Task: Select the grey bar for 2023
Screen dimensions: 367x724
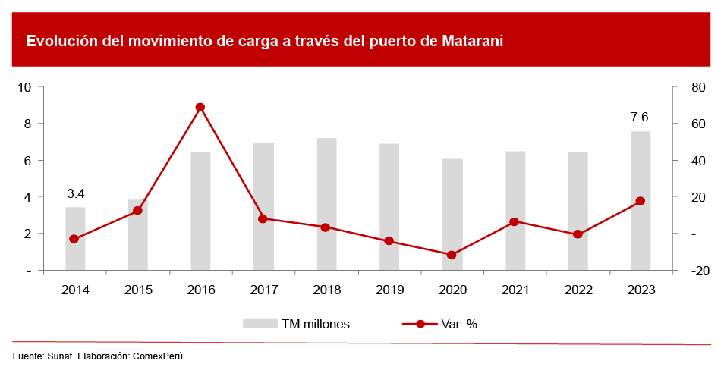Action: (640, 200)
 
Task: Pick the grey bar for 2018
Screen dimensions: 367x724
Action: (326, 204)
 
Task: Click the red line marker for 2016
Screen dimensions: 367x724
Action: (200, 108)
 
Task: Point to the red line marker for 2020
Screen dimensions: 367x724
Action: (452, 255)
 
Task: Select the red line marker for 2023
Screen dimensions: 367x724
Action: (640, 201)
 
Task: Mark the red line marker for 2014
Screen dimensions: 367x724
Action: (74, 239)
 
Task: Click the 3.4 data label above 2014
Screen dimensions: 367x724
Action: (75, 193)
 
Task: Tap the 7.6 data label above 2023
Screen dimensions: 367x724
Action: (640, 118)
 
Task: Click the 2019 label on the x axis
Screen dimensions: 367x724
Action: (389, 290)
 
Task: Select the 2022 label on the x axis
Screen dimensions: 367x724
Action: (578, 290)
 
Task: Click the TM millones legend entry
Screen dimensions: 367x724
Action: (315, 324)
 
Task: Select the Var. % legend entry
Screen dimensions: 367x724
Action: (458, 324)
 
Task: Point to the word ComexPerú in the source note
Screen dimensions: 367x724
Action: (159, 356)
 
